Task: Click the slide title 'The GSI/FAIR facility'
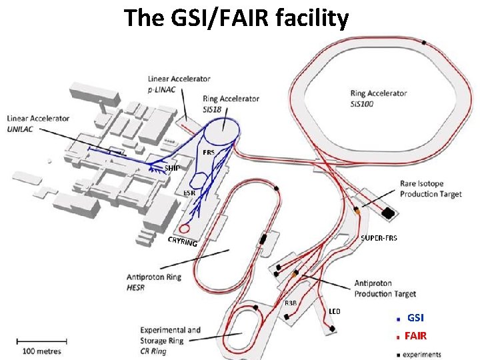click(236, 18)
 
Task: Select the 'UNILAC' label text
click(23, 128)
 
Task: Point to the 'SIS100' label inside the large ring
click(364, 103)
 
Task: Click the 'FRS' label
click(208, 151)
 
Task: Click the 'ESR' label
click(189, 193)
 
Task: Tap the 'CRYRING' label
click(182, 241)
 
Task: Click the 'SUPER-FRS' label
click(379, 238)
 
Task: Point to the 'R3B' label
click(291, 303)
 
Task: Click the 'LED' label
click(335, 311)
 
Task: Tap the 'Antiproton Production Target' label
click(385, 289)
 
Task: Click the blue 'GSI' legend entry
click(415, 318)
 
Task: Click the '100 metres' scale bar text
click(42, 351)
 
